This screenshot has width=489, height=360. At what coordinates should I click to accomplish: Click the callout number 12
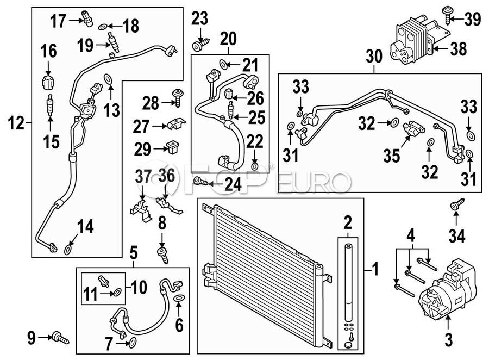16,123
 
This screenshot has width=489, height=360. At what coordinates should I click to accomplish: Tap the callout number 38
458,49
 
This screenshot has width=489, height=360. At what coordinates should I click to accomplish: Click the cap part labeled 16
48,81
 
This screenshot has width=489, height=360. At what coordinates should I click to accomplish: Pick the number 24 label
233,184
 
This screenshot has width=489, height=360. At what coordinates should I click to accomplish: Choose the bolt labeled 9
61,337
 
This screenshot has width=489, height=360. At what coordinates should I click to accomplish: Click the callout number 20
228,39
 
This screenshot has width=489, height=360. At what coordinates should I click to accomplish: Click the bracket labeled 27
176,124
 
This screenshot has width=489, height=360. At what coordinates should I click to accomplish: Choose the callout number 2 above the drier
348,222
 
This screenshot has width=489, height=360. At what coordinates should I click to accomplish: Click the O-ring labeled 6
179,297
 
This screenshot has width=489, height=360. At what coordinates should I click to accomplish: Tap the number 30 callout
374,57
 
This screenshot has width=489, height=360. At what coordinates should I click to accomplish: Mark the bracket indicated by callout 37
141,210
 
